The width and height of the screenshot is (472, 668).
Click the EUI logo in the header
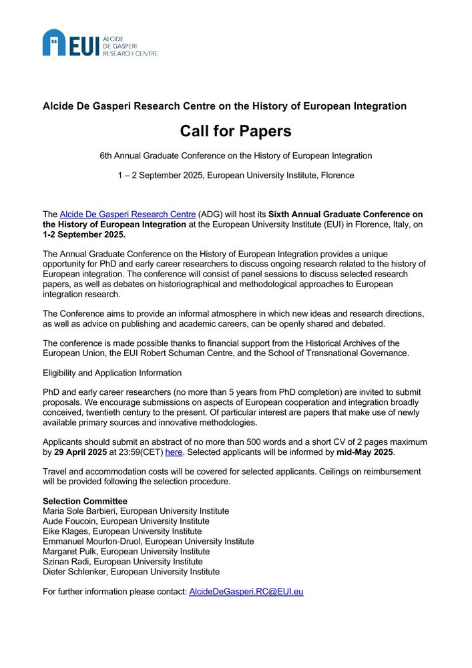coord(100,43)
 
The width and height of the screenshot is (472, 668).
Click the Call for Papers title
coord(236,131)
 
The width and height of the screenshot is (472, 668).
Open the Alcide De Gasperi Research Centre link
coord(128,214)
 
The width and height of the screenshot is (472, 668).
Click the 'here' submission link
coord(174,452)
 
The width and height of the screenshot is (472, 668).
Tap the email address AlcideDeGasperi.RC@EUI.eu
coord(246,591)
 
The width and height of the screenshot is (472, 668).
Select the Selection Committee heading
coord(85,501)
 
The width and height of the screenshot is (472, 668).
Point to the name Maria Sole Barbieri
coord(83,511)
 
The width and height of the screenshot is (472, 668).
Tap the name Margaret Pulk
coord(70,551)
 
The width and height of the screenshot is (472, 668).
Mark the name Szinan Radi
coord(66,561)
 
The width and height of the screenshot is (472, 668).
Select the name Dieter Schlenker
coord(73,572)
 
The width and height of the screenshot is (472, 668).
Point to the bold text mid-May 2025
coord(365,452)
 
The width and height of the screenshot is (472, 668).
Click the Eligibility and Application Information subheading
coord(112,373)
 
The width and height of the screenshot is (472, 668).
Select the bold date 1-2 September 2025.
coord(84,234)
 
